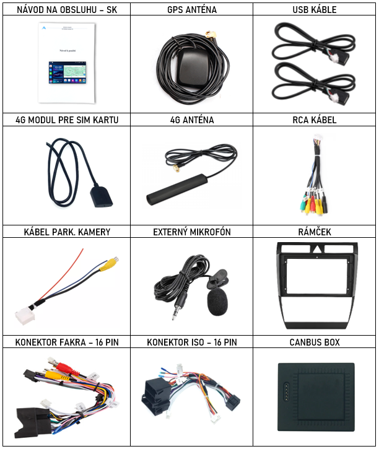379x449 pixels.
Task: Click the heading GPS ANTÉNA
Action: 192,9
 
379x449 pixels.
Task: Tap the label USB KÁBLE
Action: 315,9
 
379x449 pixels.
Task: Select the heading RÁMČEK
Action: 315,232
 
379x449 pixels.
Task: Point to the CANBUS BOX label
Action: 315,342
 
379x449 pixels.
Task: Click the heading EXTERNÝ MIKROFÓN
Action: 192,232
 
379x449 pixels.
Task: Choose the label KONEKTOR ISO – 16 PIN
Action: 192,342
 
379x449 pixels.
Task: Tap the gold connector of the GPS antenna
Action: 211,35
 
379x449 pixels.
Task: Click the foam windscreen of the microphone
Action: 217,303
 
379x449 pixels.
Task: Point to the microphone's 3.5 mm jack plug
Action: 177,308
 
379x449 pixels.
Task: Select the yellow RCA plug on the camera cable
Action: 109,263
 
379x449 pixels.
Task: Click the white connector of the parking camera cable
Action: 25,316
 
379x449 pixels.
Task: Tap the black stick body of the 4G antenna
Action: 177,190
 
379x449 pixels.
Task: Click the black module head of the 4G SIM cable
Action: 101,197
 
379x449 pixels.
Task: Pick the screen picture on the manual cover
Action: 68,72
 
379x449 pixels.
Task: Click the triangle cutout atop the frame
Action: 317,249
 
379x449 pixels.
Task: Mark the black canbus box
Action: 316,397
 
